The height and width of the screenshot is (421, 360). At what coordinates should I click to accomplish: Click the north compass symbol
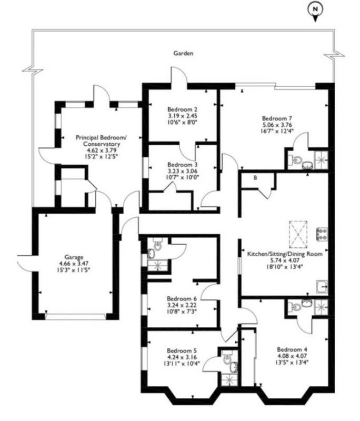tap(315, 11)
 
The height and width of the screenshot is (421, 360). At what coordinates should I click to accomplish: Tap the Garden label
tap(183, 53)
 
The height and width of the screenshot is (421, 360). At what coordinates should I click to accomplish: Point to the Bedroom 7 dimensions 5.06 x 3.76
tap(277, 125)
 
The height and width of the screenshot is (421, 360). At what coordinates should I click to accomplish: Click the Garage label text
tap(74, 257)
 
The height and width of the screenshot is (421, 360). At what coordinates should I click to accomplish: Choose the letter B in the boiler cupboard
tap(255, 178)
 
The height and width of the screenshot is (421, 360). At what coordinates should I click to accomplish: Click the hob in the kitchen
tap(322, 234)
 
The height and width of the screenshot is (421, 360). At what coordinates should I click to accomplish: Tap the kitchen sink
tap(322, 287)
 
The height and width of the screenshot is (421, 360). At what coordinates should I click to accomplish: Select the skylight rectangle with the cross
tap(298, 234)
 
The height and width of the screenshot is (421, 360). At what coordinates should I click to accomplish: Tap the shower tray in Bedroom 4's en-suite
tap(321, 306)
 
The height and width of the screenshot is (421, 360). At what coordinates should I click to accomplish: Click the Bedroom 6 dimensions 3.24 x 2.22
tap(182, 305)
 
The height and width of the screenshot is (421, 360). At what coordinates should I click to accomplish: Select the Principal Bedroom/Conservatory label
tap(101, 141)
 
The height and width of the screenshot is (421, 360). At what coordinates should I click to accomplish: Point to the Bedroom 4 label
tap(292, 349)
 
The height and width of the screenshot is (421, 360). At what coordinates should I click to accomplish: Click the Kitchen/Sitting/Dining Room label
tap(285, 254)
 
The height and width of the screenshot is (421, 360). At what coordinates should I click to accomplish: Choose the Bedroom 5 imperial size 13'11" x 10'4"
tap(182, 364)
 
